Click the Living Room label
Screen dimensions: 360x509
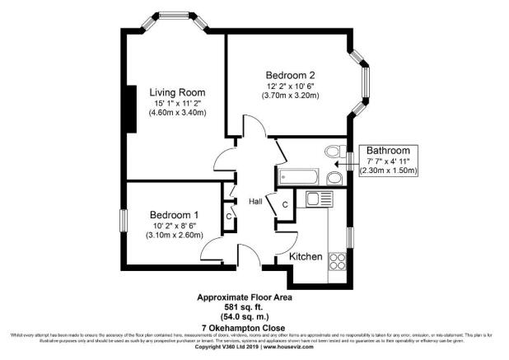[177, 91]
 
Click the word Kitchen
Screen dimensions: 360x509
[305, 257]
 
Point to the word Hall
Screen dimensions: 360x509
[255, 200]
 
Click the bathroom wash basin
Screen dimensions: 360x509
[334, 178]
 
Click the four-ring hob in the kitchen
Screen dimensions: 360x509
[338, 261]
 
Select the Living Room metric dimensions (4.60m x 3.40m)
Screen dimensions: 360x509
[177, 113]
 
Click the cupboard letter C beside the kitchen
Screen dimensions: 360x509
[284, 204]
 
